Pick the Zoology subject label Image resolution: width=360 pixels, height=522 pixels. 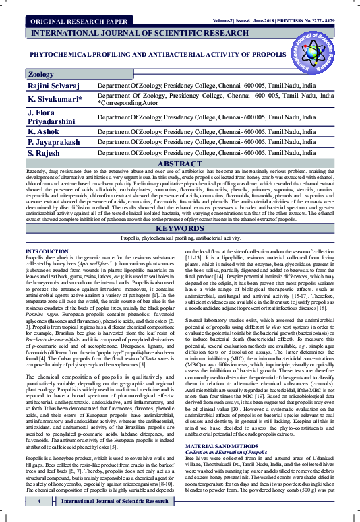(x=42, y=74)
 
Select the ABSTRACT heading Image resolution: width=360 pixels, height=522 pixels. (x=179, y=164)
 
